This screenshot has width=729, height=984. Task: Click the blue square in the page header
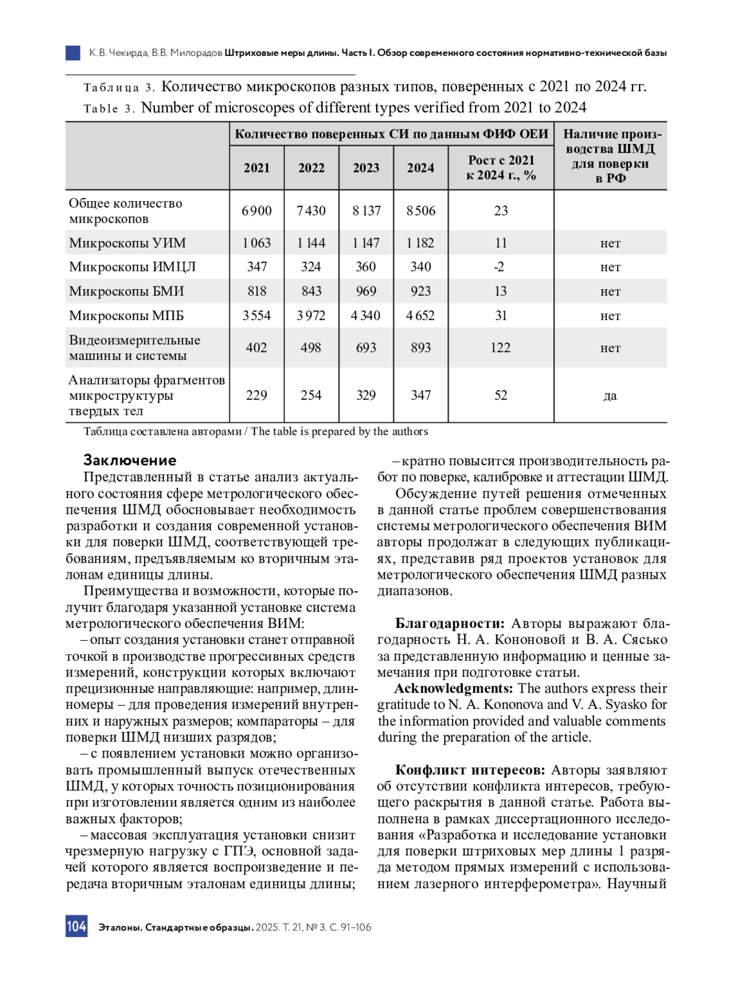[73, 53]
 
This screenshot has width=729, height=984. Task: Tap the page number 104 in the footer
[77, 926]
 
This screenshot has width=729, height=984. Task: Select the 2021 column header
[256, 168]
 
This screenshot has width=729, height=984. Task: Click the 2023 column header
[366, 168]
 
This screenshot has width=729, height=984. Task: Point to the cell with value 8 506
[421, 211]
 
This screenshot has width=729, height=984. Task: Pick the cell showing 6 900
[256, 211]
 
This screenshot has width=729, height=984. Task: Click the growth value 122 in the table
[501, 348]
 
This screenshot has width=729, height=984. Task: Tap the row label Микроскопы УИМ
[128, 243]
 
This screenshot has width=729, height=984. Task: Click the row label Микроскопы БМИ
[126, 292]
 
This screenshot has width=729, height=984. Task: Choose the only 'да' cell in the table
[610, 396]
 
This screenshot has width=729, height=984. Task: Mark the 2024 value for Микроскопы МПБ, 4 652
[421, 316]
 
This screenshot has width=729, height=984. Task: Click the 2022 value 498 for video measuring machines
[311, 348]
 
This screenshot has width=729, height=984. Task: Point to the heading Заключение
[129, 460]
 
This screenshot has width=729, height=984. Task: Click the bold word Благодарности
[450, 624]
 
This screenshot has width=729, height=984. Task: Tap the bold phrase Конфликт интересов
[470, 770]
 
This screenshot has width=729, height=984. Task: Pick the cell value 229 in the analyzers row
[256, 395]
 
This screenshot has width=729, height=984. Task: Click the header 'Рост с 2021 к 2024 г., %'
[501, 168]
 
